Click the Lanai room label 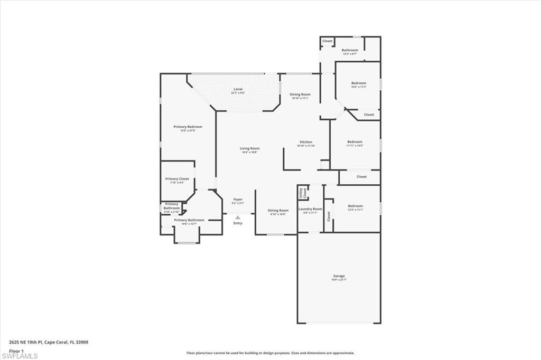[238, 89]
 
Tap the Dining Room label [300, 94]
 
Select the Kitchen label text [306, 142]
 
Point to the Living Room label [250, 148]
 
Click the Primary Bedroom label [188, 127]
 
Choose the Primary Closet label [176, 179]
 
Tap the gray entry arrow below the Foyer [238, 217]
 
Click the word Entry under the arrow [238, 223]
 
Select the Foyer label [238, 200]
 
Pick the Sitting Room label [277, 210]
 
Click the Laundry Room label [310, 209]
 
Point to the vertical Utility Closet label [302, 193]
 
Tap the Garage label [339, 276]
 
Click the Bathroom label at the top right [349, 50]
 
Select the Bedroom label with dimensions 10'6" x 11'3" [358, 83]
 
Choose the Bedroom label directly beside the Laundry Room [355, 206]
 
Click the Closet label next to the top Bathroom [328, 41]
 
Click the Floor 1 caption [16, 350]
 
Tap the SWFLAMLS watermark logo [20, 356]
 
